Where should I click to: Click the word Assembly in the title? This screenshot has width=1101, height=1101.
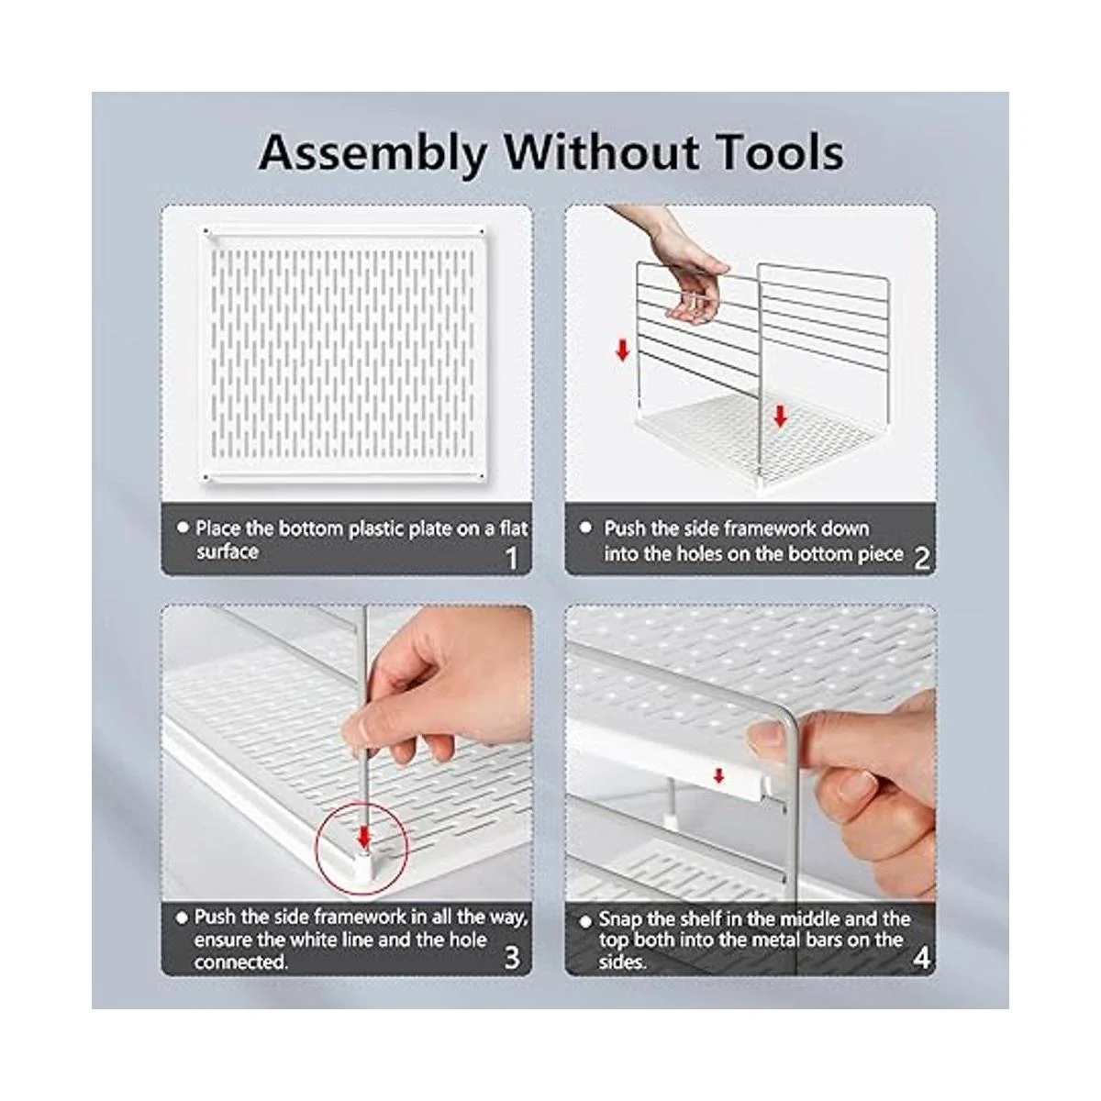click(x=373, y=154)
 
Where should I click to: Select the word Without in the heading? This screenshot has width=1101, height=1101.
click(x=600, y=152)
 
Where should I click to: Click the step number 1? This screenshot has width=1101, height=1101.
click(x=511, y=558)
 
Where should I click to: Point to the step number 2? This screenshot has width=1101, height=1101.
click(x=921, y=559)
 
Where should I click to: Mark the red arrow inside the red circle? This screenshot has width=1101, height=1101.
click(x=363, y=837)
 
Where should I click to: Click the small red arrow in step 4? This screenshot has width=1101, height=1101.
click(x=718, y=775)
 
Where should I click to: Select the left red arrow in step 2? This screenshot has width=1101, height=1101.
click(x=622, y=350)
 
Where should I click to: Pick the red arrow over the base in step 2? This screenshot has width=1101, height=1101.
click(x=780, y=416)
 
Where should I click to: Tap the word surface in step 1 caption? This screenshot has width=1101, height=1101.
click(x=228, y=552)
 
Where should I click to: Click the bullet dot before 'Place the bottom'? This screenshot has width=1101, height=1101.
click(x=183, y=528)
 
